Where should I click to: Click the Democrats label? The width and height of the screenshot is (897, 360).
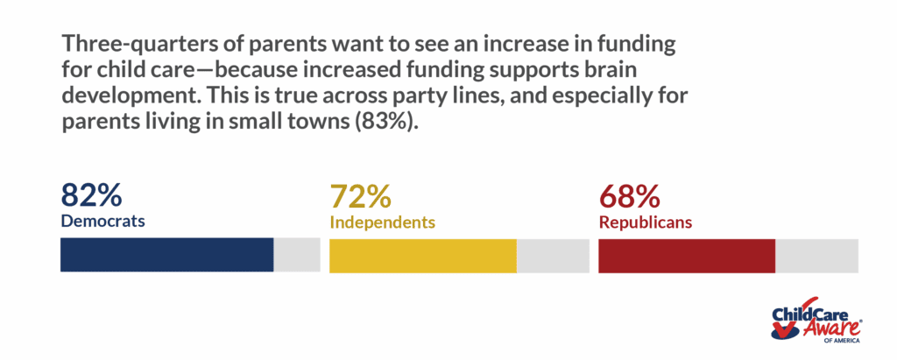[102, 221]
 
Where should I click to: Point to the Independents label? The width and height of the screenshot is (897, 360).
[382, 222]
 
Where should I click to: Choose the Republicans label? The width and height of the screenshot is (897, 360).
[646, 222]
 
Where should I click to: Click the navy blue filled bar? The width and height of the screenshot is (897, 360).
[166, 254]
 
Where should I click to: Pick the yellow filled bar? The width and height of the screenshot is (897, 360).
[422, 254]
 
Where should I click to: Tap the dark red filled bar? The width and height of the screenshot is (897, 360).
[686, 254]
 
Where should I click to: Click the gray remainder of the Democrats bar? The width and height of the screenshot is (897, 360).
[297, 254]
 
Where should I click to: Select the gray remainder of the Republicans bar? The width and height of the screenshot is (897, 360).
[816, 254]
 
